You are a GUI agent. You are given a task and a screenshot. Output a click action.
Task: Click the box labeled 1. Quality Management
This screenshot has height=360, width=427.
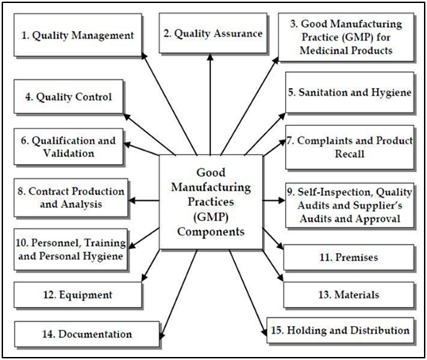(78, 35)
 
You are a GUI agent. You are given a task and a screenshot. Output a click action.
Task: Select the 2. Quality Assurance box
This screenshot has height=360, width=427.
(213, 33)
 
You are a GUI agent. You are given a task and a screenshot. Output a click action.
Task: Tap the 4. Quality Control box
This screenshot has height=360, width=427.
(68, 97)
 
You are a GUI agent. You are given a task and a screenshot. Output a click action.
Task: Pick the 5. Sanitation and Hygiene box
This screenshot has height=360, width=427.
(350, 92)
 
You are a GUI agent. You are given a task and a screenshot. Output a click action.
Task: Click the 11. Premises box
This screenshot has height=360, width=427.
(349, 257)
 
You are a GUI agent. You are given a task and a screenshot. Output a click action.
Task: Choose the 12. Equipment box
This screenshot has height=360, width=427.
(78, 295)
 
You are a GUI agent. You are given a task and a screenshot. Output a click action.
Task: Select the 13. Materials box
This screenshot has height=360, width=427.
(349, 295)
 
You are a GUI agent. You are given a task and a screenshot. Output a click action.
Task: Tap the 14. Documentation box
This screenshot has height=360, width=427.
(87, 334)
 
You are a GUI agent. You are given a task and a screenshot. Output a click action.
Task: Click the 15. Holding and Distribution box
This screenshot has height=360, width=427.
(340, 330)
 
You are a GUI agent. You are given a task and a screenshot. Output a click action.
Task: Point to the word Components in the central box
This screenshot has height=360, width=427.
(211, 232)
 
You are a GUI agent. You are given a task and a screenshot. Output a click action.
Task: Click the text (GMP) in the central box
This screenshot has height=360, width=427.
(211, 217)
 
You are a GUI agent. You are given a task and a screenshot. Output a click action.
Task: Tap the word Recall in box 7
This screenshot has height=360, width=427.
(350, 154)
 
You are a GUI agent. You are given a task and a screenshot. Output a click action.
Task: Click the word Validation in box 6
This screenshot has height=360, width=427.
(68, 153)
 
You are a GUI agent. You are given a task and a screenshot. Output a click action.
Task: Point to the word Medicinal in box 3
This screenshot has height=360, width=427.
(323, 50)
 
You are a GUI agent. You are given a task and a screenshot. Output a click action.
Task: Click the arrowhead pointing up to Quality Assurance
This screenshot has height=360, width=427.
(210, 56)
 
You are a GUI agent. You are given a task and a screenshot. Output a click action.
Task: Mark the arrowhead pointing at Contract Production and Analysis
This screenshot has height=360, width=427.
(132, 201)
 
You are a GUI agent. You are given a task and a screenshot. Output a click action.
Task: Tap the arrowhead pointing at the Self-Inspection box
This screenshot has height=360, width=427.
(281, 201)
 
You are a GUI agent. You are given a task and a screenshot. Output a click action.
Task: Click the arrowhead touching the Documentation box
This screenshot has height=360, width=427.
(162, 335)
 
